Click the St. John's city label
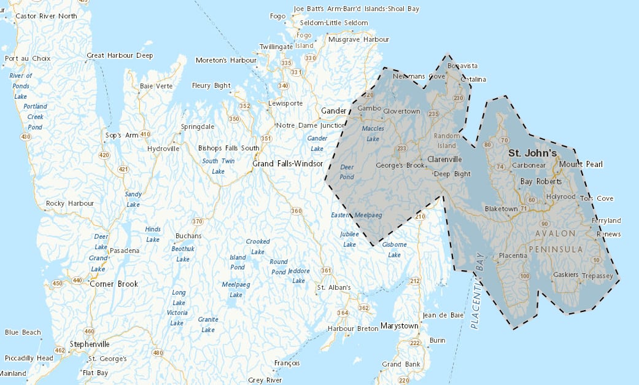532,153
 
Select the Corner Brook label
114,284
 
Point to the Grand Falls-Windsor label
288,164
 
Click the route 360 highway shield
296,211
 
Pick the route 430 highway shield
25,136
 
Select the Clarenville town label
444,159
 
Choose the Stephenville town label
90,344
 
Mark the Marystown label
399,325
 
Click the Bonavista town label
462,66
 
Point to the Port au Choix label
26,59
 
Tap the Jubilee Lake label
349,239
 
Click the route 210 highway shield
420,217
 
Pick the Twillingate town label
277,47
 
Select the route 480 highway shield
158,352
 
